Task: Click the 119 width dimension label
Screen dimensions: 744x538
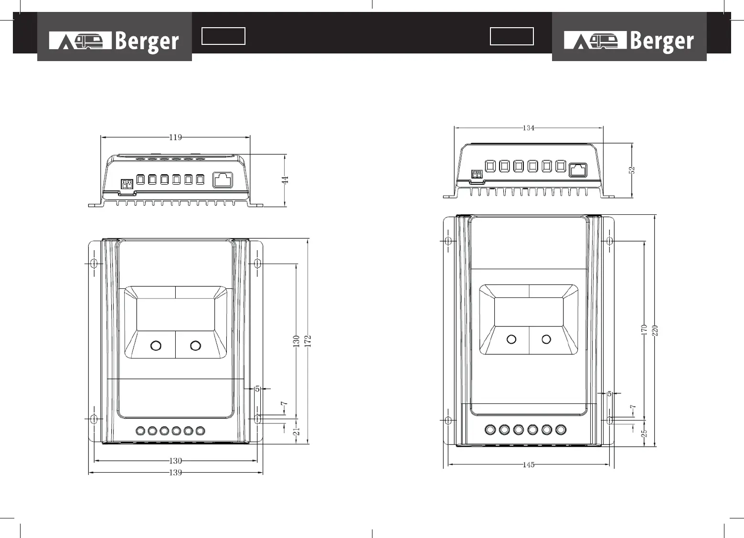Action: coord(175,137)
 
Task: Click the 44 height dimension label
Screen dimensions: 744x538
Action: coord(285,180)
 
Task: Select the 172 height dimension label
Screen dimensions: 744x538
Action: coord(308,340)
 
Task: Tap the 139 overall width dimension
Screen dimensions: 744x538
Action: coord(176,473)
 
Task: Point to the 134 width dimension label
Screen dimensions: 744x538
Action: coord(528,128)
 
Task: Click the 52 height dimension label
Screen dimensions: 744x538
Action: coord(632,170)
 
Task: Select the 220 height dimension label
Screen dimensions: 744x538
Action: coord(655,330)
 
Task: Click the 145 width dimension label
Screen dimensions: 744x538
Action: coord(528,464)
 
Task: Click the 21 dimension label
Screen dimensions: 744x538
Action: coord(296,431)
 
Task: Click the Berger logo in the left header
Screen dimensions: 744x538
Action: coord(115,41)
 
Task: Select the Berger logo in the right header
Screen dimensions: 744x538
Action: coord(629,41)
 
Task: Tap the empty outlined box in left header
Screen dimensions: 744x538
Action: coord(223,36)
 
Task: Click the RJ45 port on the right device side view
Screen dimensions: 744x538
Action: coord(578,169)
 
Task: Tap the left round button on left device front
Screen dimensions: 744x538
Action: coord(156,345)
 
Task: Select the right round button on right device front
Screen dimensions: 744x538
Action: coord(546,339)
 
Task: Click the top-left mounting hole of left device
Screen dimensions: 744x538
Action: coord(94,263)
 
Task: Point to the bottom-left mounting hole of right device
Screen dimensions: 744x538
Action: coord(448,420)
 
